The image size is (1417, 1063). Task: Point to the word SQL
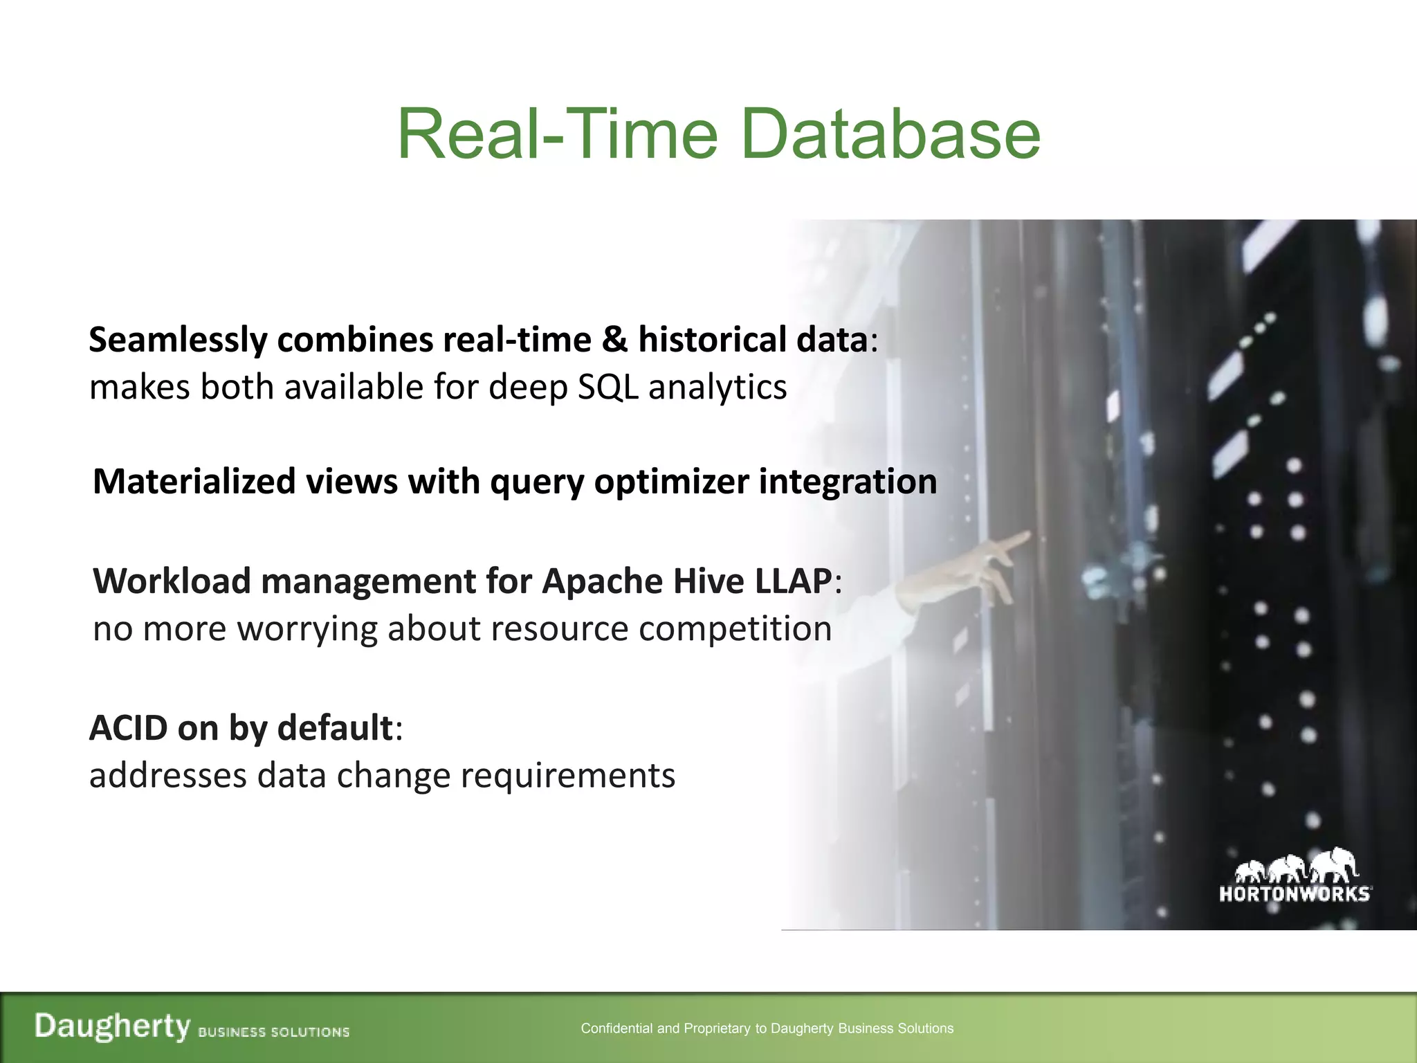(607, 387)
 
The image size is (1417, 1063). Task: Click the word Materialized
(194, 482)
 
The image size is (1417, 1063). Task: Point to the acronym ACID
(129, 728)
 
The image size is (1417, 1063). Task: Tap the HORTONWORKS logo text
(1294, 894)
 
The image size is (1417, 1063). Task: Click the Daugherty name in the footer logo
(112, 1026)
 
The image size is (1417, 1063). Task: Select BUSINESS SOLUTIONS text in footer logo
(273, 1032)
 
